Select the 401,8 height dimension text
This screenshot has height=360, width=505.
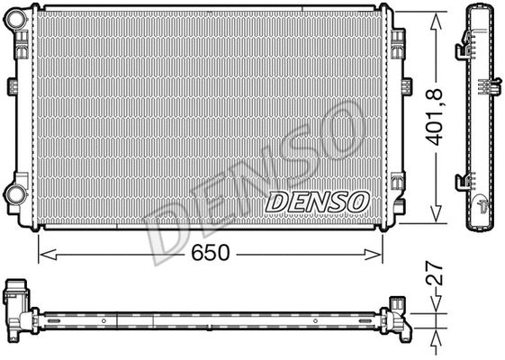(x=437, y=115)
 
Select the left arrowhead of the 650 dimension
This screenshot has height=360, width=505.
(x=42, y=255)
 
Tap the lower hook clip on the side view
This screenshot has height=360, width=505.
(x=464, y=181)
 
